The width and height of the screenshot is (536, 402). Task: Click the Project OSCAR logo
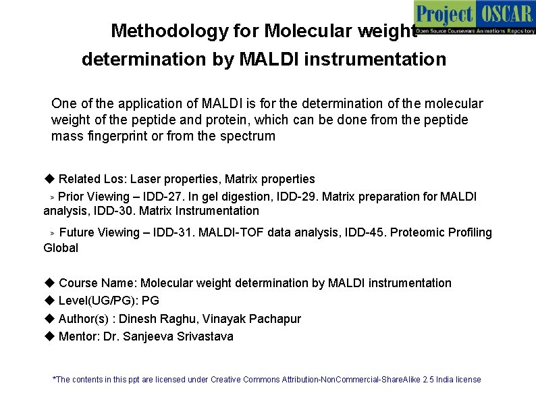[474, 17]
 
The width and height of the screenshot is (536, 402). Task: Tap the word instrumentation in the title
[375, 59]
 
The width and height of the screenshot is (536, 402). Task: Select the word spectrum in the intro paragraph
[251, 136]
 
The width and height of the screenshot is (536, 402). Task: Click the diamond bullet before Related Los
[49, 179]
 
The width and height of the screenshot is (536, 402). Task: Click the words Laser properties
[174, 179]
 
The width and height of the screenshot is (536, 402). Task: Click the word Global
[61, 248]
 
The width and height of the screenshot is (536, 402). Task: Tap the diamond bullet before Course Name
[49, 283]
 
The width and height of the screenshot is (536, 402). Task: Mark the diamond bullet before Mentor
[49, 336]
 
